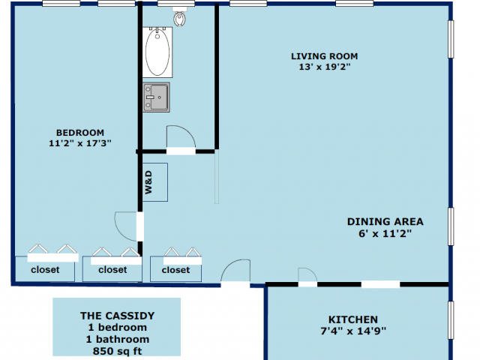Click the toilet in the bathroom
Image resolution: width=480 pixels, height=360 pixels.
click(180, 16)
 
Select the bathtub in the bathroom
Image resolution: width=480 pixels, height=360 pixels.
click(157, 52)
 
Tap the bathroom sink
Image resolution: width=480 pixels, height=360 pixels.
click(156, 97)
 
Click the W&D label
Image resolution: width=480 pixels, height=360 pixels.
click(148, 182)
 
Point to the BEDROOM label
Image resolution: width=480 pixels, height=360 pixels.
click(80, 133)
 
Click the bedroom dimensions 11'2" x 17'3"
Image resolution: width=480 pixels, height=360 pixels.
click(80, 143)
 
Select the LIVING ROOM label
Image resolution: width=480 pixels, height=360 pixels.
click(325, 56)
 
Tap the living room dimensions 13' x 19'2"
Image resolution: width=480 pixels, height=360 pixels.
click(325, 67)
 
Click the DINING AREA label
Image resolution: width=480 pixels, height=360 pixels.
click(385, 222)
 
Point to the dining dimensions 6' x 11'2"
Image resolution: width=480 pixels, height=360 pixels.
click(385, 233)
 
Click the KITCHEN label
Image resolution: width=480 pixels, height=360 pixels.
click(353, 319)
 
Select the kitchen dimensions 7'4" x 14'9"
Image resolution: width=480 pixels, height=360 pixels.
click(353, 331)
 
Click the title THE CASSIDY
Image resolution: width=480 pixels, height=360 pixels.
click(118, 316)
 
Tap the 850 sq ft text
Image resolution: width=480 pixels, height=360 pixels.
click(118, 351)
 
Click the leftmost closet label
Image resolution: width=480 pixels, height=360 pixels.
click(45, 270)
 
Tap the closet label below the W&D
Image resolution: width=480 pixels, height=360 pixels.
click(175, 270)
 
